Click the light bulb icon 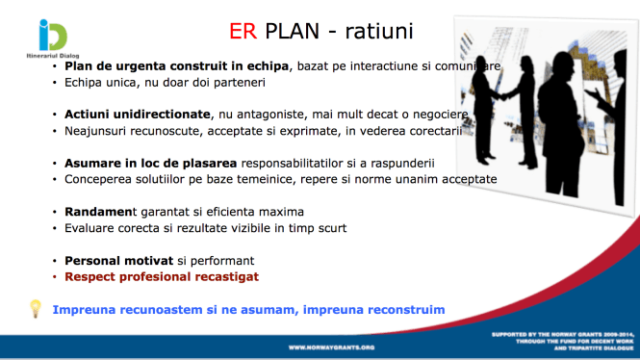point(36,309)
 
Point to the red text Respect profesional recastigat point(162,276)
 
